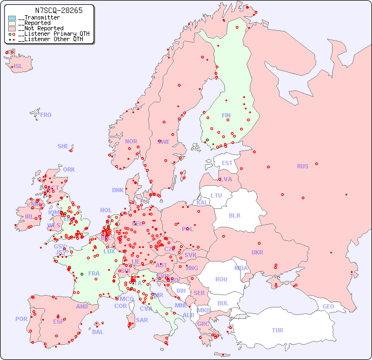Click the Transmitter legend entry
(38, 18)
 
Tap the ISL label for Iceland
(18, 67)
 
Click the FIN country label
(226, 115)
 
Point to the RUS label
(302, 166)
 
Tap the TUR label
(277, 330)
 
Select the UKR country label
(257, 252)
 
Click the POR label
(21, 319)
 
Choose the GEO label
(328, 306)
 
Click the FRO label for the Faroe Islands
(46, 115)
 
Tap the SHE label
(63, 146)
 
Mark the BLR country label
(234, 215)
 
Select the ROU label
(221, 279)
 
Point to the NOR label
(131, 141)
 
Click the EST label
(227, 163)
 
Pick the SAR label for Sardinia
(142, 320)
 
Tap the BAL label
(98, 332)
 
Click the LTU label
(216, 195)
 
